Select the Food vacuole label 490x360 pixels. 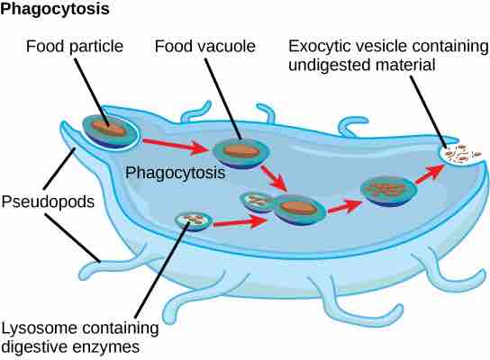tap(204, 45)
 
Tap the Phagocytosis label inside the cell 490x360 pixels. tap(175, 172)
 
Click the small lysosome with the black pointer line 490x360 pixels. tap(191, 219)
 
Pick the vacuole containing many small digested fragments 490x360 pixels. tap(387, 189)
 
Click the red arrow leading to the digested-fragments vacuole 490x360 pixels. tap(340, 205)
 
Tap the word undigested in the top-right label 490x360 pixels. tap(347, 64)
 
